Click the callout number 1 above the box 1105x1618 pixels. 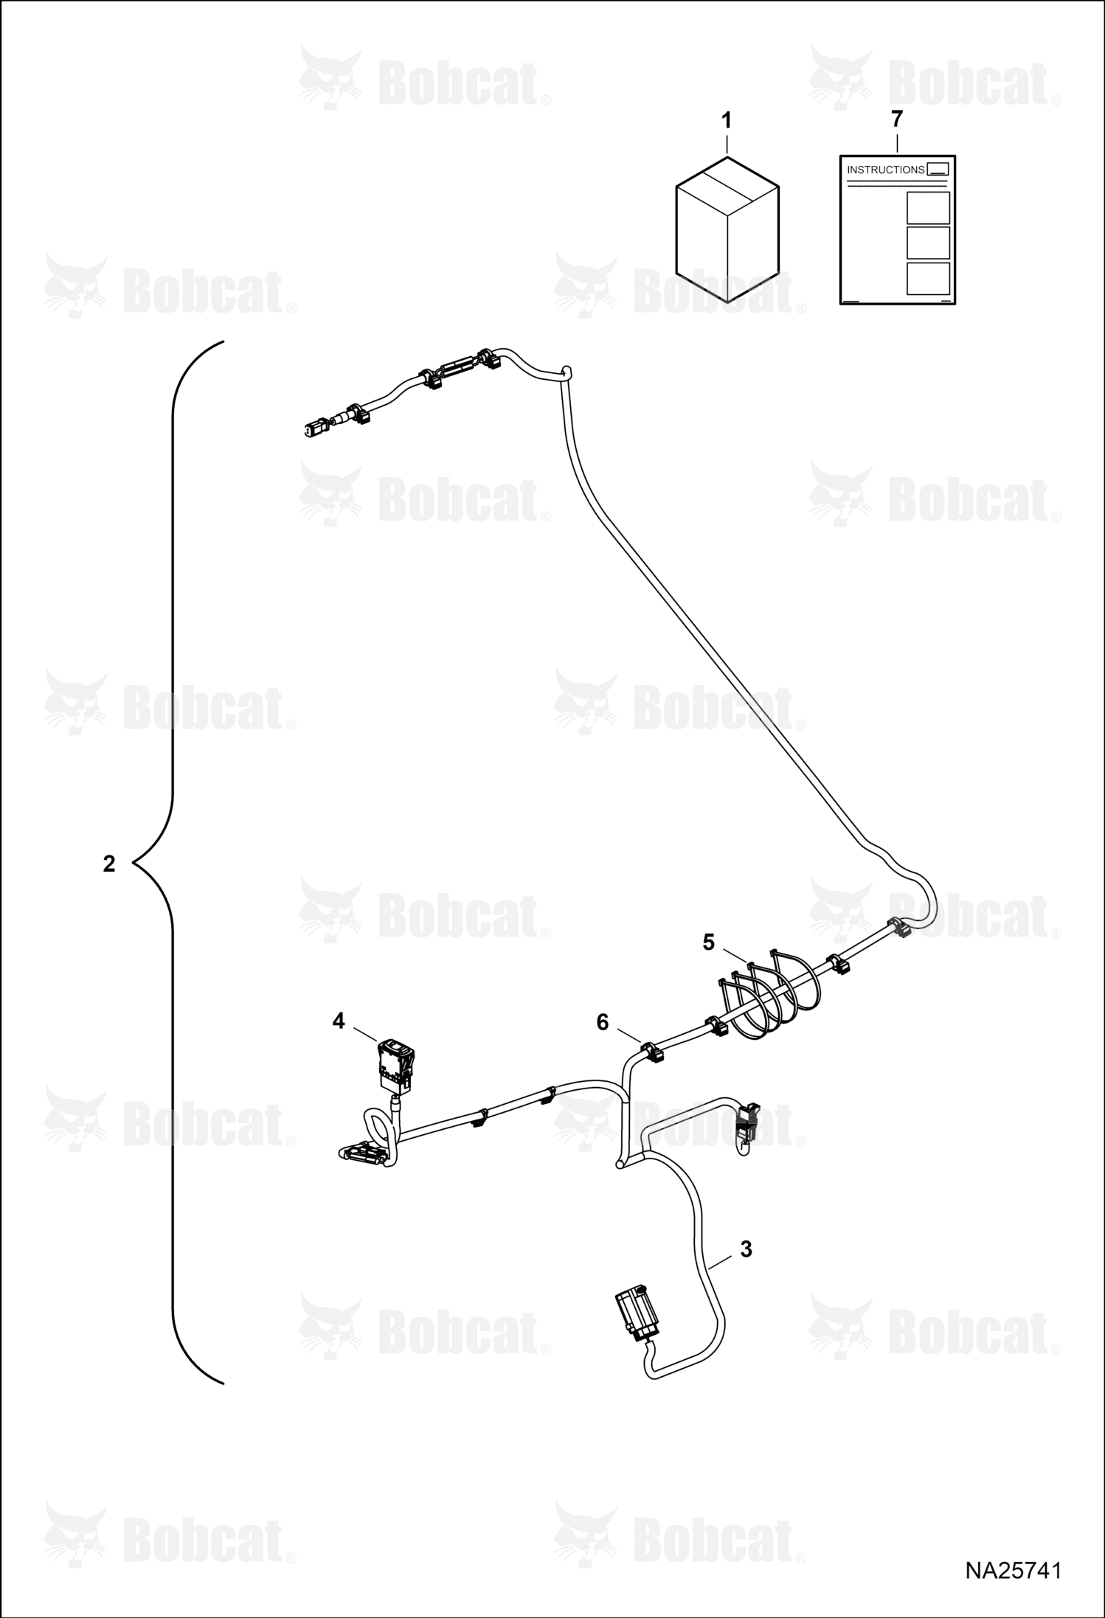[x=727, y=120]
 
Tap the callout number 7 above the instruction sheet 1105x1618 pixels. [x=896, y=118]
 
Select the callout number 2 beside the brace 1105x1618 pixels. [x=109, y=864]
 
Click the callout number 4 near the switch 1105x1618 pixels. [x=339, y=1021]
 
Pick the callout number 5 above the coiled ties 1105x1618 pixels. [x=709, y=942]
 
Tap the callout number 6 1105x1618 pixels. [x=603, y=1022]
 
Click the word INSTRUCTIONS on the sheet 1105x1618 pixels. [x=885, y=170]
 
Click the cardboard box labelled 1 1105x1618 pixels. [x=727, y=229]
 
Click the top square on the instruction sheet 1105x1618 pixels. [x=928, y=208]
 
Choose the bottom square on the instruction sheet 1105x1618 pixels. [x=928, y=279]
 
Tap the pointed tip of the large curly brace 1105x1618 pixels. [x=133, y=862]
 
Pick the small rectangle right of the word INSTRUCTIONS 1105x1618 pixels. [x=938, y=169]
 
